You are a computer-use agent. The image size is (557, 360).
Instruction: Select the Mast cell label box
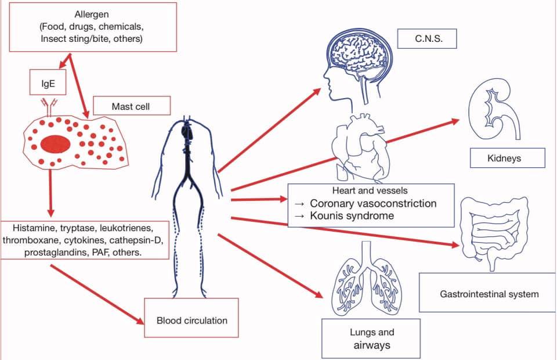[132, 106]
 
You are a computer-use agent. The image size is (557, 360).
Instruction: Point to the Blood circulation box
[191, 319]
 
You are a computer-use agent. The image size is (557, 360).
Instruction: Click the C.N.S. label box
[428, 39]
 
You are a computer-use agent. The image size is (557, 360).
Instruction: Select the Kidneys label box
[508, 158]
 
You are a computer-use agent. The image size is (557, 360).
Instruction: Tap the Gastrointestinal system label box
[489, 294]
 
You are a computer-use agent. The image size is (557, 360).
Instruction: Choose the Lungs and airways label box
[372, 339]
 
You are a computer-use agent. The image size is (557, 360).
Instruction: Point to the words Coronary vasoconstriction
[373, 204]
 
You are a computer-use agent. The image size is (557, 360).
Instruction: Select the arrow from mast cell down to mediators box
[51, 192]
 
